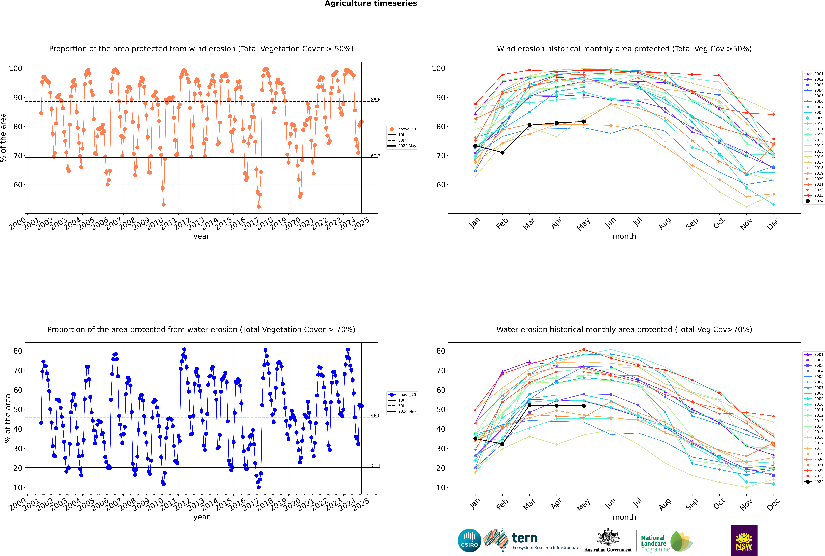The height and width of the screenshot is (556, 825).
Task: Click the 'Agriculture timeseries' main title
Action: pyautogui.click(x=371, y=4)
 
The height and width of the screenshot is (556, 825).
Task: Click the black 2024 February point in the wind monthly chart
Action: pyautogui.click(x=502, y=153)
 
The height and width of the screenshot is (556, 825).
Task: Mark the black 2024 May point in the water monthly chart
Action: pyautogui.click(x=584, y=406)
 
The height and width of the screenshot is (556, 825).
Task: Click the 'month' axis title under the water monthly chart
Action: pyautogui.click(x=624, y=517)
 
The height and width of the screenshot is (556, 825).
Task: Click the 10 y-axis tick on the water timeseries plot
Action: pyautogui.click(x=18, y=488)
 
